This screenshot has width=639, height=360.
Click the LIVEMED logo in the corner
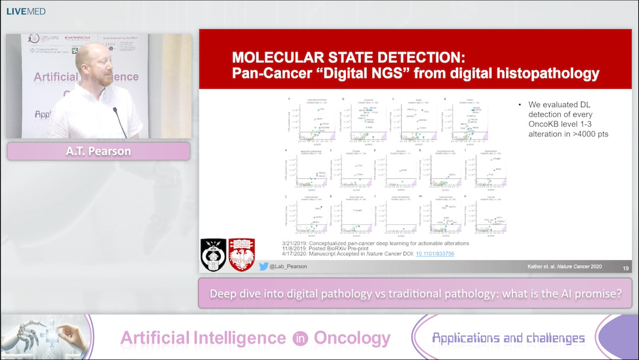point(26,11)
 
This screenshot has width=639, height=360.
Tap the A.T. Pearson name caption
point(98,152)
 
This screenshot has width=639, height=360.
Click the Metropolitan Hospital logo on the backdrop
point(81,40)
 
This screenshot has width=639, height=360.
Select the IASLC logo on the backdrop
point(111,44)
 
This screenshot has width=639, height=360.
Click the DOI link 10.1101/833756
point(435,254)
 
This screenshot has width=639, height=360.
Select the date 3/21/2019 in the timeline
point(297,243)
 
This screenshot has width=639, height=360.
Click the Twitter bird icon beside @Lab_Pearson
point(263,266)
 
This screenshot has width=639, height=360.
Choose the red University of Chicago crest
point(241,255)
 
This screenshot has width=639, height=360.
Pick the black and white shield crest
point(214,255)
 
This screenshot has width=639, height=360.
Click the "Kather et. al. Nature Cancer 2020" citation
point(564,267)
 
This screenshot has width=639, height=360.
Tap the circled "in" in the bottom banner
point(299,338)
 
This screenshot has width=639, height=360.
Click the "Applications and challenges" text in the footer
point(508,338)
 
